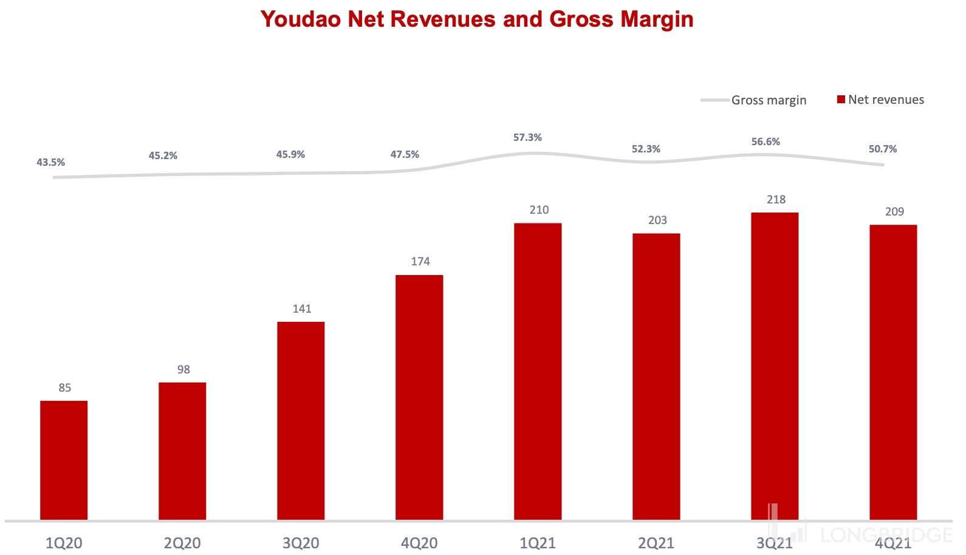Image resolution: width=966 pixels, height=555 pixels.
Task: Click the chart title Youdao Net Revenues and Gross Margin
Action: pyautogui.click(x=476, y=19)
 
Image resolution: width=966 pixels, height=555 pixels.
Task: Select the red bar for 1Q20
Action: pyautogui.click(x=64, y=460)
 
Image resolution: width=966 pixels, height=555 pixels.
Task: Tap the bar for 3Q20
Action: pyautogui.click(x=301, y=420)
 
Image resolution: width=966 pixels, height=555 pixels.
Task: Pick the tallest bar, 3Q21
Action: pyautogui.click(x=775, y=366)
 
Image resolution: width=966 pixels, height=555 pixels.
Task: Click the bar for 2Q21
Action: pyautogui.click(x=656, y=376)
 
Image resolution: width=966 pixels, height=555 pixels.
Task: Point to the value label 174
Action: pyautogui.click(x=420, y=262)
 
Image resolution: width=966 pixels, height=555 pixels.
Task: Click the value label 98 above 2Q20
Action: pyautogui.click(x=183, y=370)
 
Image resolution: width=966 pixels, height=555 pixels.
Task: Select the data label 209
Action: pyautogui.click(x=894, y=212)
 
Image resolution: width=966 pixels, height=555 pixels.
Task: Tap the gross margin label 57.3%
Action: pyautogui.click(x=527, y=138)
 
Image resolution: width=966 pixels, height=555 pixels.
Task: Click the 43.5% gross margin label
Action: pyautogui.click(x=50, y=163)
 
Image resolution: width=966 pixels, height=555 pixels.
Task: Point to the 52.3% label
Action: pyautogui.click(x=646, y=149)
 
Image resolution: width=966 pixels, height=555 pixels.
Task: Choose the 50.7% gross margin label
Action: pyautogui.click(x=882, y=149)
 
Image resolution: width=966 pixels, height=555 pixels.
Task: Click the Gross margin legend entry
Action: pyautogui.click(x=769, y=100)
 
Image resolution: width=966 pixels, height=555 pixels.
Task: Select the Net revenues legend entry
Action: pyautogui.click(x=886, y=100)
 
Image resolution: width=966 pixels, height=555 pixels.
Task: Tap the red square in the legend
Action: pyautogui.click(x=841, y=100)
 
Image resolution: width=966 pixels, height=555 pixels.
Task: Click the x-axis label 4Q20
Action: pyautogui.click(x=419, y=543)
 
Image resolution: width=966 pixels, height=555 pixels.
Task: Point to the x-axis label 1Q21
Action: pyautogui.click(x=538, y=543)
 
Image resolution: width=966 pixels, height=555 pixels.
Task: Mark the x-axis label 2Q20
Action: pyautogui.click(x=182, y=543)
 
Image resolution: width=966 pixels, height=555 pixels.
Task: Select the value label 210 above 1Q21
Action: pyautogui.click(x=539, y=210)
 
